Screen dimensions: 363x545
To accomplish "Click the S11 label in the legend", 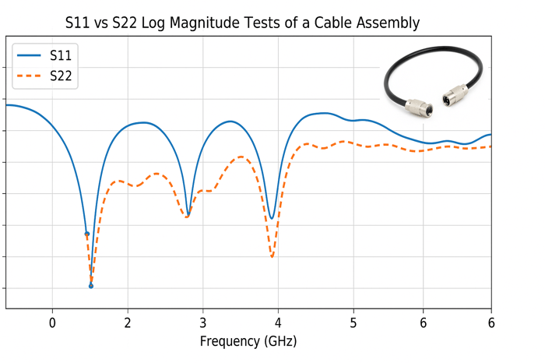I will [x=62, y=55].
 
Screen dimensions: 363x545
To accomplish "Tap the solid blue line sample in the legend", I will [x=29, y=55].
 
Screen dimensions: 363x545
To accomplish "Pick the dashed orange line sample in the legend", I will [x=29, y=76].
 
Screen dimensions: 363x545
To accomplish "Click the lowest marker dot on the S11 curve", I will [x=91, y=286].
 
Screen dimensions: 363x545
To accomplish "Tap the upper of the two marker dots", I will [x=86, y=234].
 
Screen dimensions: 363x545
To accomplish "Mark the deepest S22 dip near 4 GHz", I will [x=272, y=256].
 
